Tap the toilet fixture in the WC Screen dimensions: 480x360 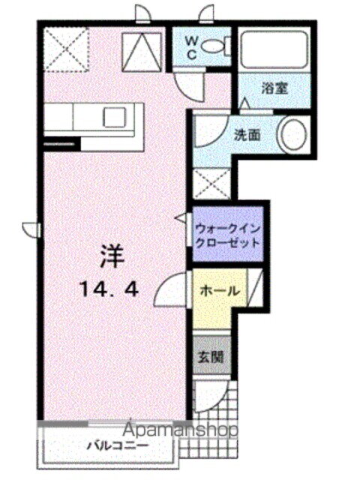(217, 46)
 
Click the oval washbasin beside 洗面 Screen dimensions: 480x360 (292, 136)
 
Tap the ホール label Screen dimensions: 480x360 (219, 291)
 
